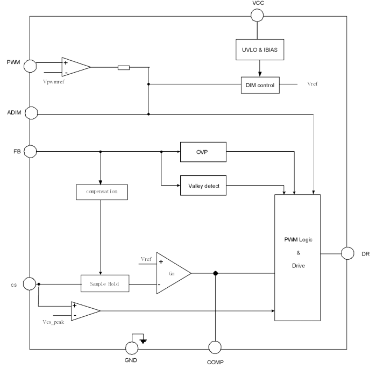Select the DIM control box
tap(260, 84)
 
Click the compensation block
tap(101, 191)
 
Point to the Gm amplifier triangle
tap(171, 258)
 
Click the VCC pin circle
tap(257, 15)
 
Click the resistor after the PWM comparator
tap(123, 68)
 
